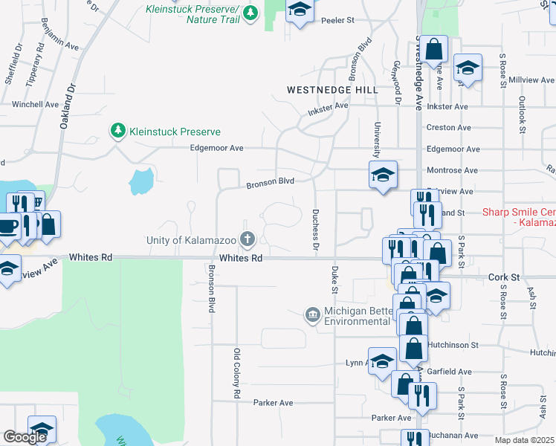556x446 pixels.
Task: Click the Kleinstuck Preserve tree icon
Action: click(x=117, y=132)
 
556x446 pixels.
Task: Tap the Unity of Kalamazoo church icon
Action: click(x=247, y=239)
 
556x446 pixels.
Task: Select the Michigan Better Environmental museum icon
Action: click(x=313, y=316)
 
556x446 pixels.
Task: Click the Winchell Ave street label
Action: click(x=35, y=105)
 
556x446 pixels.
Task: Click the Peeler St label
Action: click(x=338, y=21)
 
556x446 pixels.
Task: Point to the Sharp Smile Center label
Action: click(x=518, y=213)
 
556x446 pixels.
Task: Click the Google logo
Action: click(x=25, y=437)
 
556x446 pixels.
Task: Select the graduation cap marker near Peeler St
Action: click(x=299, y=10)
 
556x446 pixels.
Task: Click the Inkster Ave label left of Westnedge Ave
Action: click(x=328, y=106)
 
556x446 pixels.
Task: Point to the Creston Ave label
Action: click(x=448, y=128)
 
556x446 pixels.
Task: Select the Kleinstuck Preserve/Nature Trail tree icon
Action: click(x=252, y=13)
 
